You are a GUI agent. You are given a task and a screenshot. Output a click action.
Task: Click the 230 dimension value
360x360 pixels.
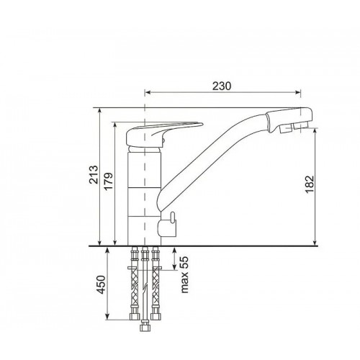coord(222,86)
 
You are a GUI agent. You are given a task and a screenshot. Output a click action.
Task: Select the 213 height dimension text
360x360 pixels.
coord(94,174)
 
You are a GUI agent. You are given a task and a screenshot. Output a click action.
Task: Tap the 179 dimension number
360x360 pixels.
coord(109,181)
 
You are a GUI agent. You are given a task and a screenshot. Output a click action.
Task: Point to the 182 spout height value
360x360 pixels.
coord(310,184)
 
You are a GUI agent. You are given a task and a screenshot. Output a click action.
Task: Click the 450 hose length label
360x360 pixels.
coord(101,284)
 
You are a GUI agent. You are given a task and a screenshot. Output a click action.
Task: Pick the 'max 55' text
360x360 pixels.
coord(184,275)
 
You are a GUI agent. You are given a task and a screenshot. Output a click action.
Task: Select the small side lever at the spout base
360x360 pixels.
coord(172,217)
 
